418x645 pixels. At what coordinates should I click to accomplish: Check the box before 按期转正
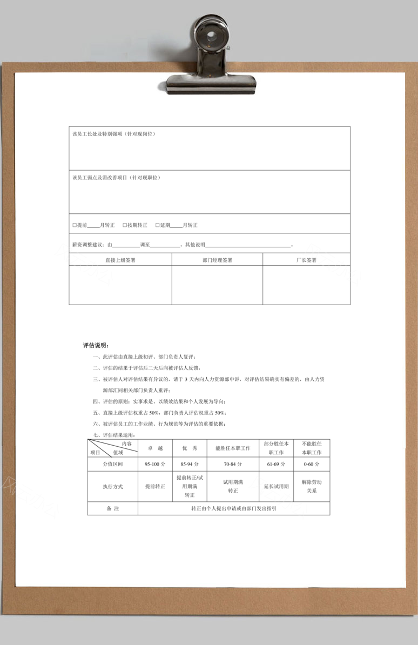(125, 225)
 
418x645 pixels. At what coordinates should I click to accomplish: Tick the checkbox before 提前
(75, 225)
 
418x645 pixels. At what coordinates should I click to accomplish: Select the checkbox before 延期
(158, 225)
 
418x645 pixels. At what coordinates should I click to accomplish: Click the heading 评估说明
(95, 345)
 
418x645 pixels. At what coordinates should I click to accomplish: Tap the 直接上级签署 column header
(120, 260)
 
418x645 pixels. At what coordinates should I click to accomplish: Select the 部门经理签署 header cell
(217, 260)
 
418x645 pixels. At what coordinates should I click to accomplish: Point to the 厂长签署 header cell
(306, 260)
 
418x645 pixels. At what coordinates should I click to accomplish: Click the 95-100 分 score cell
(155, 465)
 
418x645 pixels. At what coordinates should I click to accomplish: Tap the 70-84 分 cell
(233, 465)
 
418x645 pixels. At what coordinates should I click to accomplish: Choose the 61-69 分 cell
(276, 465)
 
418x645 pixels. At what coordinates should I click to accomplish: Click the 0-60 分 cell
(312, 465)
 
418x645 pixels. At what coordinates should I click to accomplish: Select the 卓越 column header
(155, 448)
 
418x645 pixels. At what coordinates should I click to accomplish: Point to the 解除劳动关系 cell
(312, 486)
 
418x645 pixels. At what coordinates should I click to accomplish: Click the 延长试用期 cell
(276, 487)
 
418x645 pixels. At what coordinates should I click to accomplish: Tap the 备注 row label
(113, 508)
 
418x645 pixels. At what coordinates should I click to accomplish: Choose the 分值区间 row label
(113, 465)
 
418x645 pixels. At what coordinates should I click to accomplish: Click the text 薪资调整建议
(89, 245)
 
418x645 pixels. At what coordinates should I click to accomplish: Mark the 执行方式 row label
(113, 487)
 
